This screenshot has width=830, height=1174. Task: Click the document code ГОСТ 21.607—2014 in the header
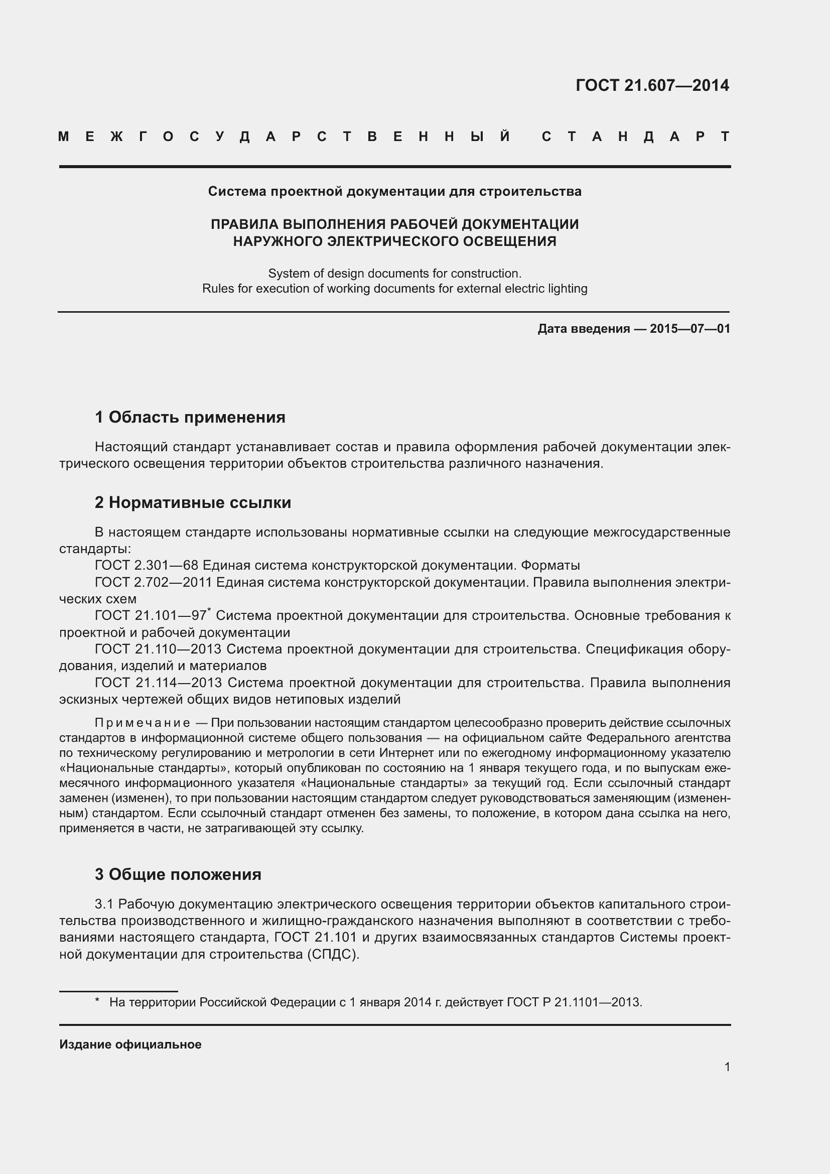point(652,85)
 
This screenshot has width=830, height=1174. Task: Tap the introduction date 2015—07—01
point(689,329)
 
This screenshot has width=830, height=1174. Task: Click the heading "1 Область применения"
point(190,417)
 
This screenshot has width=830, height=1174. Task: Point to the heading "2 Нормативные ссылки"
point(193,502)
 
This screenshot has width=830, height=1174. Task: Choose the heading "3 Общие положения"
point(178,874)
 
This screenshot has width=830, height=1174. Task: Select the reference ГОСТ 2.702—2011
point(153,582)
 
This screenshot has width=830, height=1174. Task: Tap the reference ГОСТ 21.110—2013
point(158,649)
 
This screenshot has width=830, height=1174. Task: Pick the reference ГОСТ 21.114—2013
point(158,683)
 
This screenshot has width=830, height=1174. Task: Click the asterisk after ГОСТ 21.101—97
point(209,610)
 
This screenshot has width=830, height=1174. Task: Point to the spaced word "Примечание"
point(143,723)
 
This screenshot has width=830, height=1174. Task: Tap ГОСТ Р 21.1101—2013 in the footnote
point(574,1002)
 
